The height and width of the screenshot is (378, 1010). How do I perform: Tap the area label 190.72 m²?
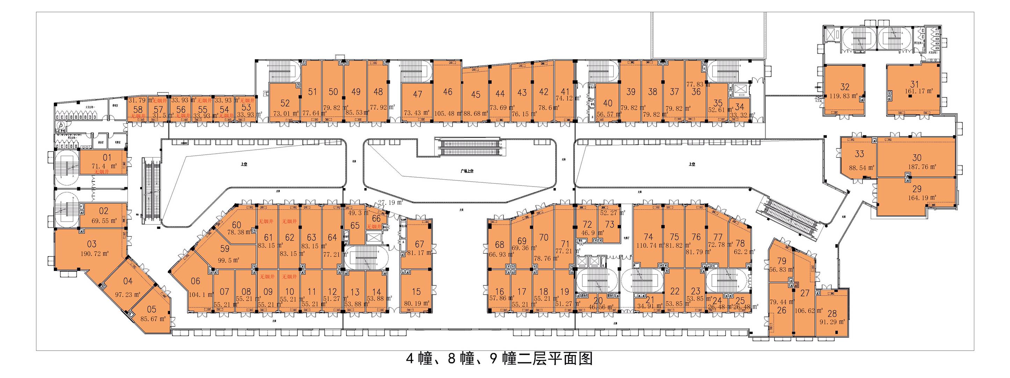point(94,253)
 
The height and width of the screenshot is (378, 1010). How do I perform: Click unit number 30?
point(917,157)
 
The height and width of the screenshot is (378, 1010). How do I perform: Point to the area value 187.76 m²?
point(922,167)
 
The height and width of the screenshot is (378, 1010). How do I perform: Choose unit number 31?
point(915,84)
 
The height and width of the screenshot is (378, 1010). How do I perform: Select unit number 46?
point(448,91)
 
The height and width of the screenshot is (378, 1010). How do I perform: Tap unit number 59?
point(225,248)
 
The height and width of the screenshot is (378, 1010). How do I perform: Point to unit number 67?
point(419,244)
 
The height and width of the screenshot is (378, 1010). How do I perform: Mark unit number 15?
point(416,292)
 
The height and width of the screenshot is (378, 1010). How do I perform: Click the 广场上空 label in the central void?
point(467,171)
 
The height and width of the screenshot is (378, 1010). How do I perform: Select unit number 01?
point(107,157)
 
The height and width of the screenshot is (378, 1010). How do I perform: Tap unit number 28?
point(832,313)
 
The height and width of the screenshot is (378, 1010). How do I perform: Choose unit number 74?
point(649,237)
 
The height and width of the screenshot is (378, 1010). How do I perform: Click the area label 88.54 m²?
point(862,168)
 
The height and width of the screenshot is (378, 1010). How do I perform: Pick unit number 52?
point(285,103)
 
